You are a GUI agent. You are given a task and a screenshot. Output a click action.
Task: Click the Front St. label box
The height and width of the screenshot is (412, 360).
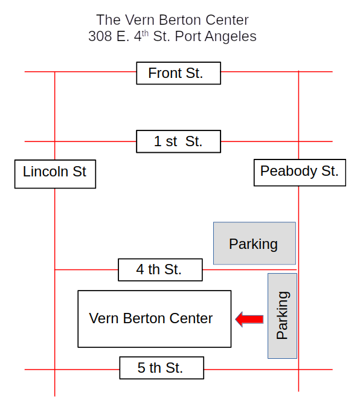click(x=178, y=73)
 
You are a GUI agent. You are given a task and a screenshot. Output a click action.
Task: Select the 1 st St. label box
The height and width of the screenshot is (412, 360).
click(x=178, y=141)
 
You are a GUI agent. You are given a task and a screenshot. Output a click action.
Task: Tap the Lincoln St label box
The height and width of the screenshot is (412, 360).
click(x=55, y=174)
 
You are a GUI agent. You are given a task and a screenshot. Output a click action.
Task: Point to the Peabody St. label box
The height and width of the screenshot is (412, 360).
click(x=300, y=172)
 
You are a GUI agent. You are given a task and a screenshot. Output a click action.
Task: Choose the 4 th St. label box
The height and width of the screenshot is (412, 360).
click(x=160, y=269)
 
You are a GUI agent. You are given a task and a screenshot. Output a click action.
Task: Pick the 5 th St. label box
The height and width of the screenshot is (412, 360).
click(x=162, y=367)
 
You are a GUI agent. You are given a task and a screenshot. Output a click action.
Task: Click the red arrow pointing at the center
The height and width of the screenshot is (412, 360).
click(x=249, y=319)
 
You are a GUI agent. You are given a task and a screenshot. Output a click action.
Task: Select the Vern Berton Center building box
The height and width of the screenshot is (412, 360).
click(x=155, y=319)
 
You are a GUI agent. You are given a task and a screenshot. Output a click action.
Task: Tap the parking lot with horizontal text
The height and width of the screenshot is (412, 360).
click(x=254, y=243)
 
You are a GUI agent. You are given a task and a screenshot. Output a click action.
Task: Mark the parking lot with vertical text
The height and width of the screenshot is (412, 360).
click(x=282, y=315)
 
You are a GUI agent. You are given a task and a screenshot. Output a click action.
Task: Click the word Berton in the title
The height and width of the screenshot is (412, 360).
click(x=181, y=20)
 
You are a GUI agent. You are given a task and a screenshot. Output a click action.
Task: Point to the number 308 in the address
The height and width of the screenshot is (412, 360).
click(x=100, y=36)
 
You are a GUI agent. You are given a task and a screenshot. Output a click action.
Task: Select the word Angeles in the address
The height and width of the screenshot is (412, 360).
click(x=231, y=37)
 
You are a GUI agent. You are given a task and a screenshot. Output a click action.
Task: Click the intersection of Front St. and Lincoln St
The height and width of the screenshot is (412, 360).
click(x=54, y=71)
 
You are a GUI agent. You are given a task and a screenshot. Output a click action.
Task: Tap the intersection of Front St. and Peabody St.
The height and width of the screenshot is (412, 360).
click(x=298, y=71)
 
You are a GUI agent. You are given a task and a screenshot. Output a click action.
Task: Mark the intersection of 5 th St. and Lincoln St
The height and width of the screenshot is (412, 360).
click(x=54, y=370)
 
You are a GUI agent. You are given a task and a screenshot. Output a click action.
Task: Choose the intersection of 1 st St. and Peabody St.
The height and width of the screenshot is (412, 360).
click(x=298, y=141)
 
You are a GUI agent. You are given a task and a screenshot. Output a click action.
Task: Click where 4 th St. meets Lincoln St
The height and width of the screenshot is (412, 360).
click(x=54, y=269)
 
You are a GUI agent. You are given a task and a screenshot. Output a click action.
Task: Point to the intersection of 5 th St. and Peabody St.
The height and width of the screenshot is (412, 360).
click(x=298, y=370)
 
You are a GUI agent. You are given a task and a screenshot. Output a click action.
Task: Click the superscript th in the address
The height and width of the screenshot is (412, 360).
click(x=145, y=34)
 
